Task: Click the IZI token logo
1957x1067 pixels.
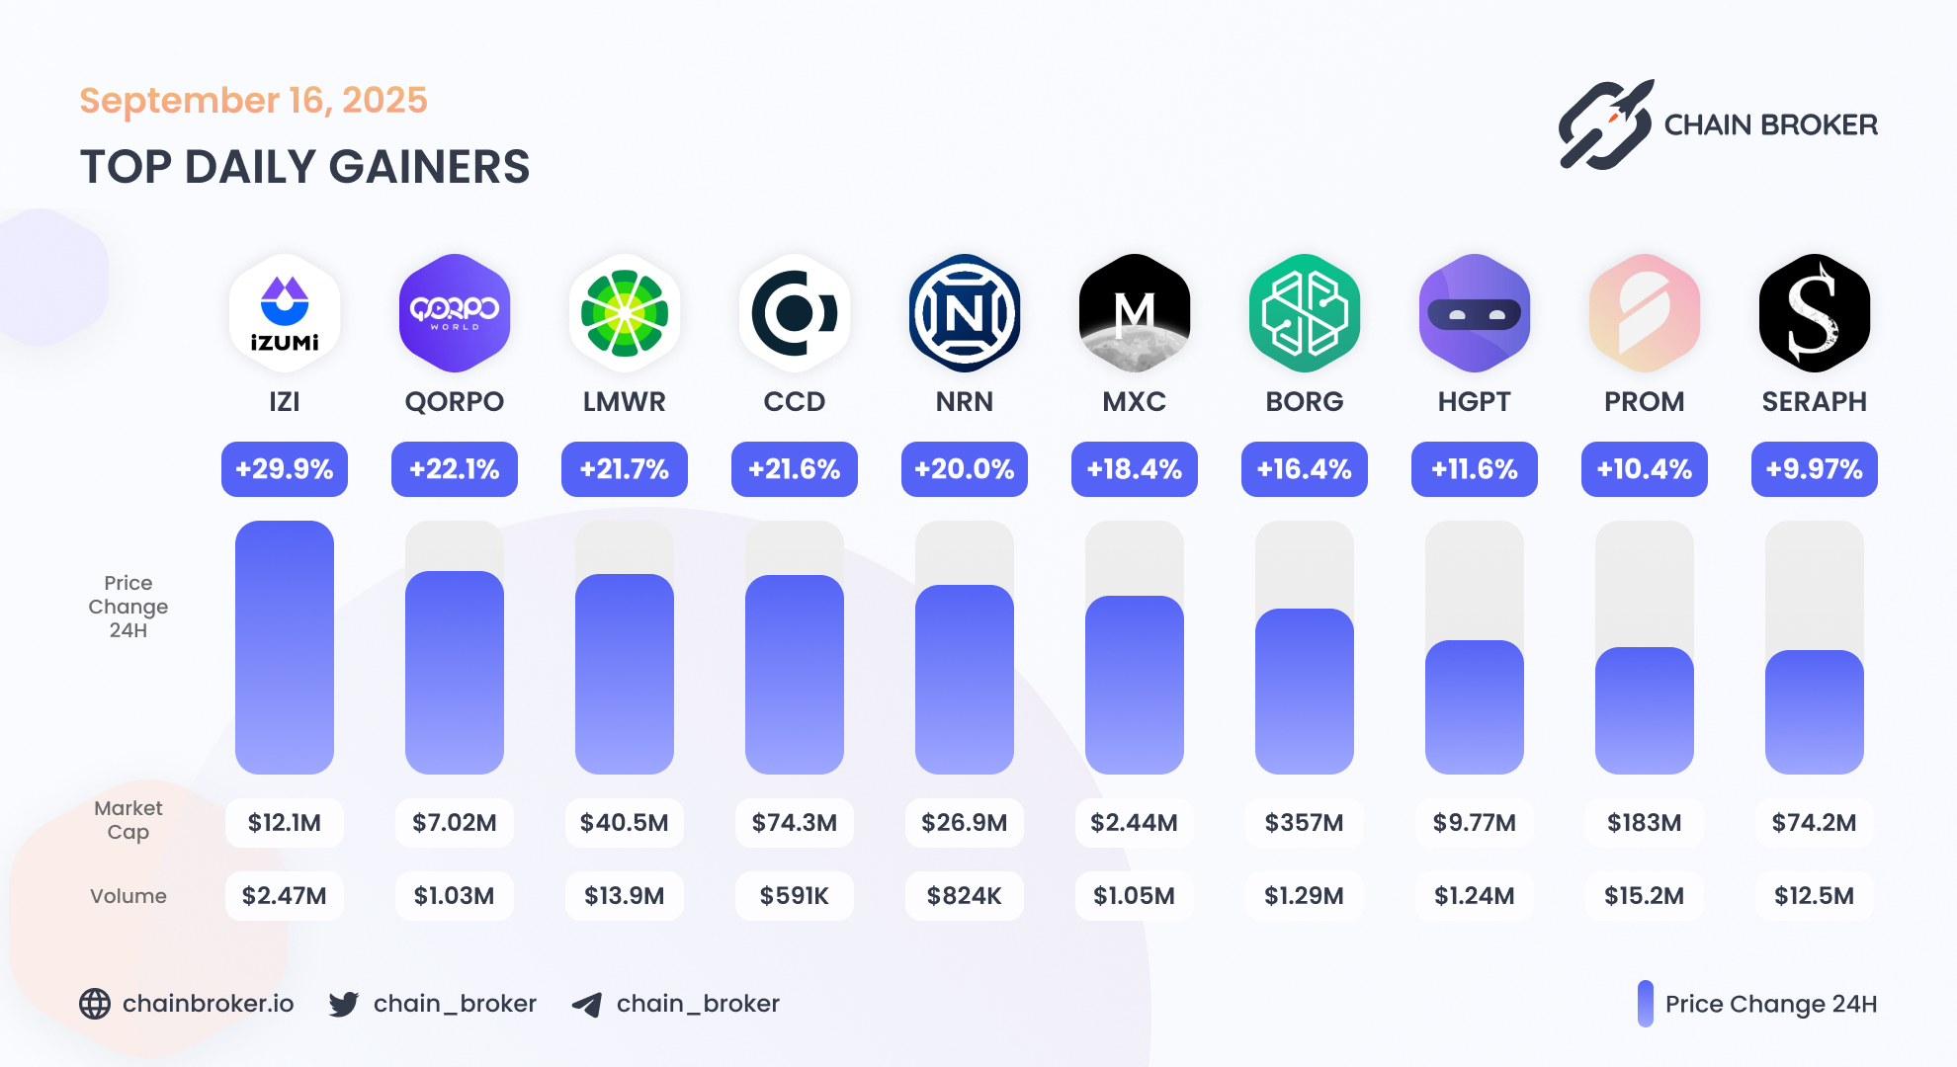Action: pyautogui.click(x=285, y=312)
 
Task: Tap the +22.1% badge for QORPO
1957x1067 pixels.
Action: pyautogui.click(x=455, y=468)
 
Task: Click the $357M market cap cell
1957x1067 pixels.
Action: pyautogui.click(x=1305, y=822)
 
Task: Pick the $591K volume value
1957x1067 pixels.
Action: pyautogui.click(x=795, y=895)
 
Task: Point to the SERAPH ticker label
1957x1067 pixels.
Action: pyautogui.click(x=1815, y=401)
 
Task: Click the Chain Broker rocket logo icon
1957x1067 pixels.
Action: pyautogui.click(x=1606, y=125)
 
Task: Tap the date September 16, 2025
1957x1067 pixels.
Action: pyautogui.click(x=253, y=100)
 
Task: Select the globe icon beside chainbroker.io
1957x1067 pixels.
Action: pyautogui.click(x=95, y=1004)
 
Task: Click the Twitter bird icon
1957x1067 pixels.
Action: pyautogui.click(x=344, y=1004)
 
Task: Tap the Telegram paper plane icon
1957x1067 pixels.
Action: pyautogui.click(x=587, y=1005)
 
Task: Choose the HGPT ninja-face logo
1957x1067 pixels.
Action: pyautogui.click(x=1475, y=312)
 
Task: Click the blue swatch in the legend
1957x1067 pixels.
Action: pyautogui.click(x=1645, y=1004)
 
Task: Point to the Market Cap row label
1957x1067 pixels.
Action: pyautogui.click(x=128, y=820)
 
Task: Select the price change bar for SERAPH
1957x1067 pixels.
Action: pyautogui.click(x=1815, y=711)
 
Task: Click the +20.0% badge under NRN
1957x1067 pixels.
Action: pyautogui.click(x=965, y=468)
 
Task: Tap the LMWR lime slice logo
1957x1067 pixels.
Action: pyautogui.click(x=625, y=312)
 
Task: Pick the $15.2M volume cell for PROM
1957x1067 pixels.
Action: pyautogui.click(x=1645, y=895)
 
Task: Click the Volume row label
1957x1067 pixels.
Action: pyautogui.click(x=128, y=895)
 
